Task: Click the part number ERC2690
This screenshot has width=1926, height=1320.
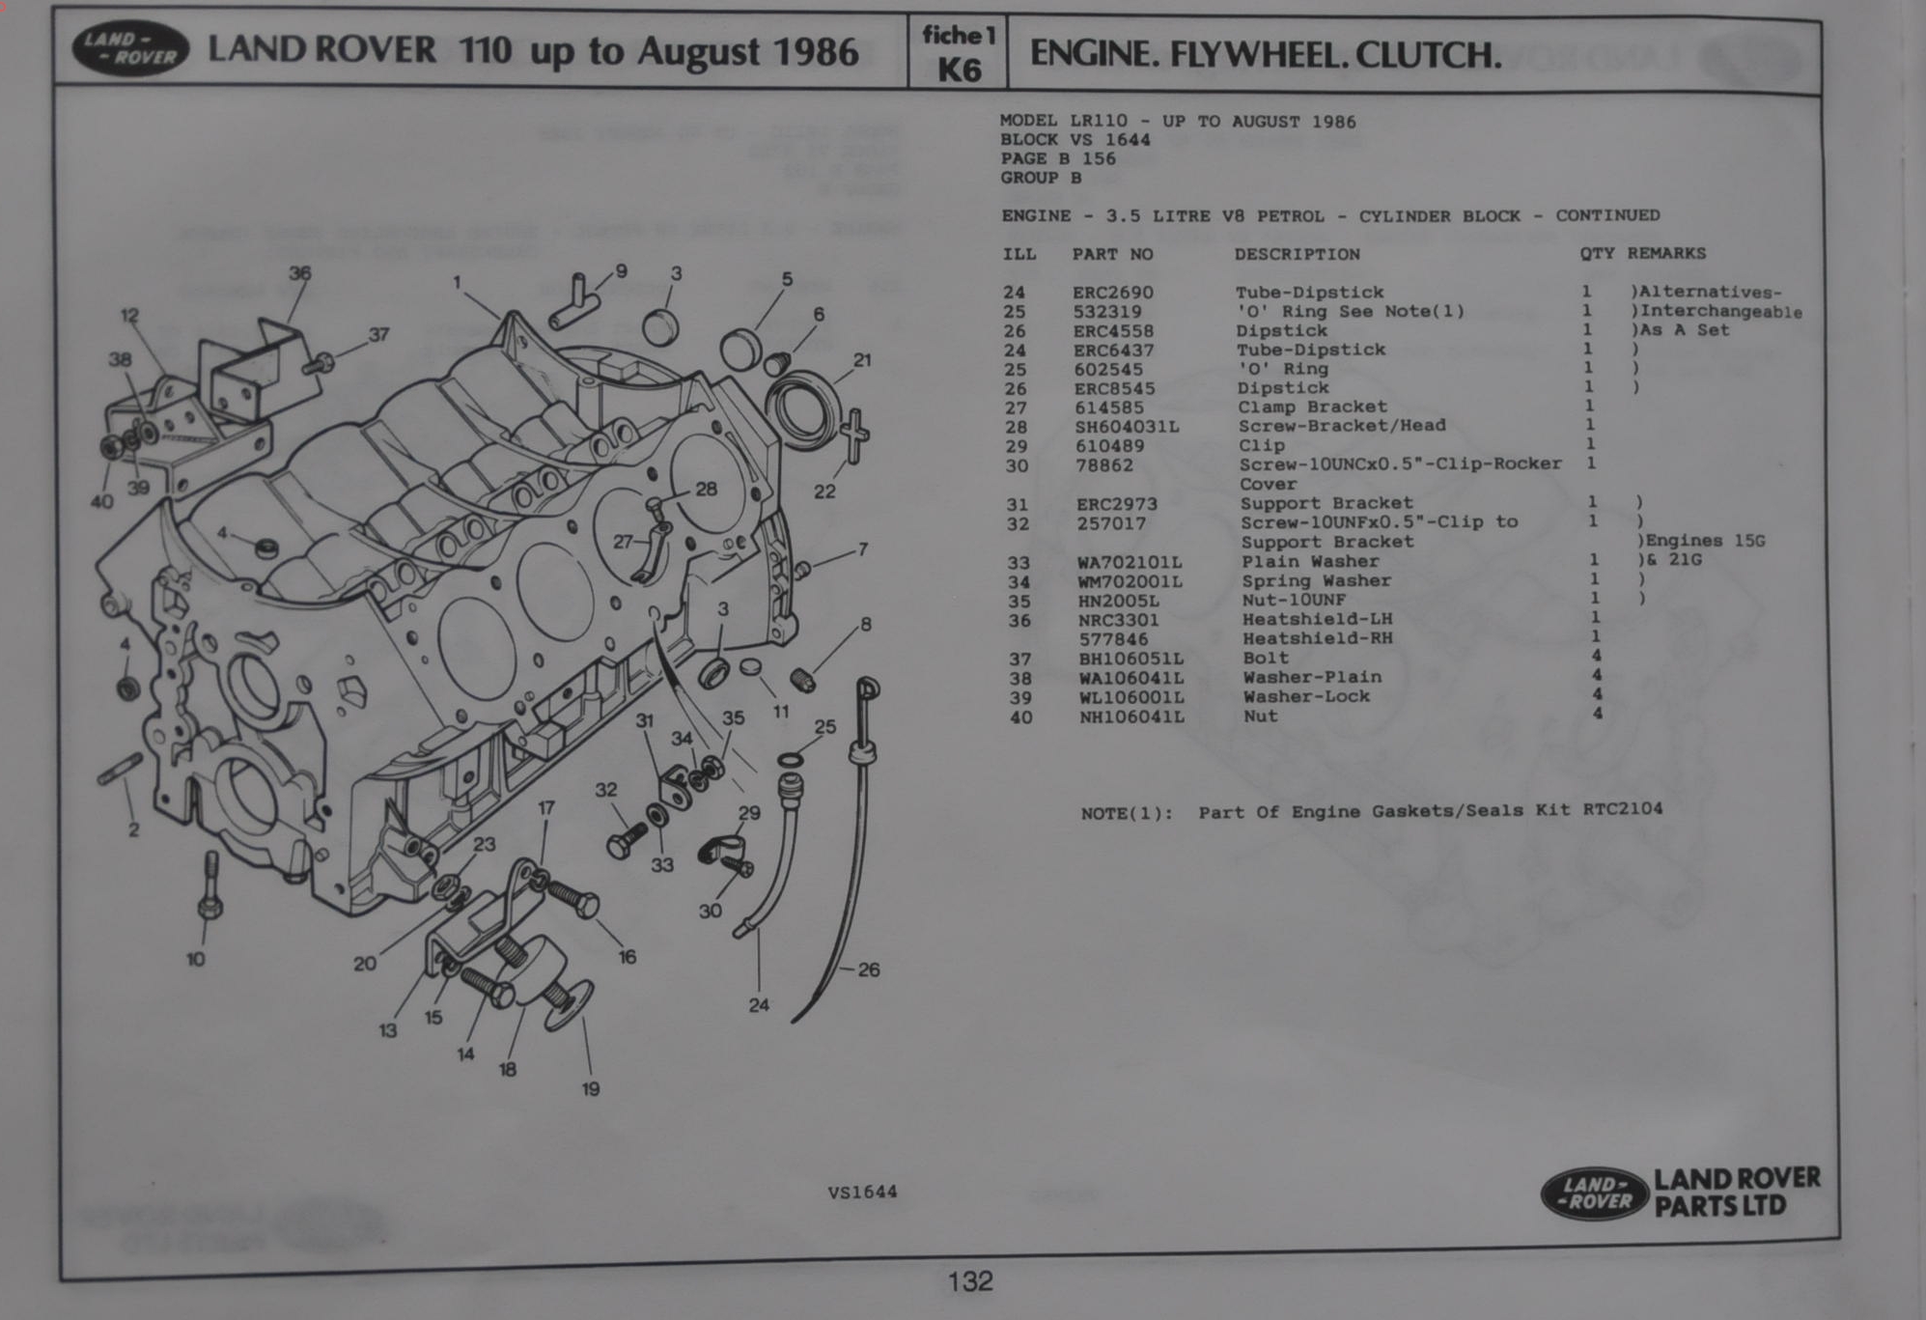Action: click(1112, 293)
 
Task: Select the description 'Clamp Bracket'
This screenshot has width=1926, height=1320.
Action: click(1312, 407)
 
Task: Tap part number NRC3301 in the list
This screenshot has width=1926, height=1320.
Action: click(1118, 620)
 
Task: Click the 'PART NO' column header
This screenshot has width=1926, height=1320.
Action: click(1112, 255)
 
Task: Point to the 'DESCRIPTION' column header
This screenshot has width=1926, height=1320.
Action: click(1297, 254)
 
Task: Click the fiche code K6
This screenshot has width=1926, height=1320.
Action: click(959, 70)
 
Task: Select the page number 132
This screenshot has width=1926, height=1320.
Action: click(970, 1281)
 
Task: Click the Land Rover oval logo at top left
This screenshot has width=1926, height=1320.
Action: click(130, 49)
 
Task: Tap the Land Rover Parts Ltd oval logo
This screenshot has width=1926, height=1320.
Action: click(1592, 1194)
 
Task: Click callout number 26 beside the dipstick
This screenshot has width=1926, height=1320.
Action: click(868, 969)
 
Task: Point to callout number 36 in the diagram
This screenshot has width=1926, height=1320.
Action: click(300, 273)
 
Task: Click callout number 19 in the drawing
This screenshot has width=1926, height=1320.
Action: click(591, 1089)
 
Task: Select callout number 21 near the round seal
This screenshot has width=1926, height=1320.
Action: click(862, 360)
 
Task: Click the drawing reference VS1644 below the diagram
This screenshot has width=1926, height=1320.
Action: click(862, 1193)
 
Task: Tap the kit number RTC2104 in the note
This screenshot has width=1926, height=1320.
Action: click(1622, 808)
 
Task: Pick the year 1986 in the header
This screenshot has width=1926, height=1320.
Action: click(817, 51)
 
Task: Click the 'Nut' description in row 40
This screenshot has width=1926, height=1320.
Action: click(1260, 716)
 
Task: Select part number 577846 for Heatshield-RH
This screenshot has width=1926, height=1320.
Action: click(1113, 639)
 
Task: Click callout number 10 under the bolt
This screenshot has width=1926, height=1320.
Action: click(195, 960)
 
